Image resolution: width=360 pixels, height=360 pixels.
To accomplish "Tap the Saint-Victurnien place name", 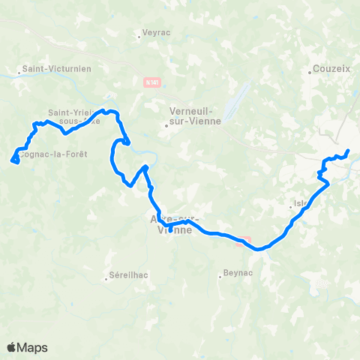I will (57, 68).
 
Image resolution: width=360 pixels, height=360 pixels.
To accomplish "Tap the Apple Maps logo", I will (27, 347).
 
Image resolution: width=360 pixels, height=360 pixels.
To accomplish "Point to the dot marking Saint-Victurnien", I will (19, 73).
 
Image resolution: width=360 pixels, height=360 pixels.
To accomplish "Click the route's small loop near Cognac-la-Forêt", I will (14, 158).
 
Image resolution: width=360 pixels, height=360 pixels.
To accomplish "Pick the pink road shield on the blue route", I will (244, 241).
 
